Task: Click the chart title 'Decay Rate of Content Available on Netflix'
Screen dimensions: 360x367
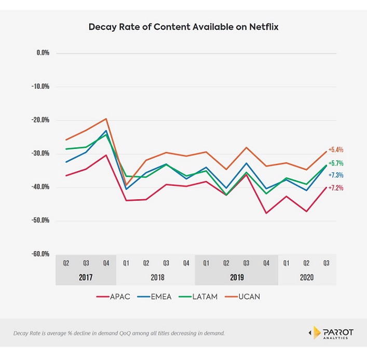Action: pyautogui.click(x=183, y=27)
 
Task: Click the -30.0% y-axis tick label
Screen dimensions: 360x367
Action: pyautogui.click(x=40, y=154)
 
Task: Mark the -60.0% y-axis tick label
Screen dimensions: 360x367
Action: pyautogui.click(x=40, y=254)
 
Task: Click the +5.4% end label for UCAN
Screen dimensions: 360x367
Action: pyautogui.click(x=336, y=150)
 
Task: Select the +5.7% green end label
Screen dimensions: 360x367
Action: pyautogui.click(x=336, y=163)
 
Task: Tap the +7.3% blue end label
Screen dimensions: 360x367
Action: pyautogui.click(x=336, y=175)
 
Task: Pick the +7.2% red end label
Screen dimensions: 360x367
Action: pyautogui.click(x=336, y=188)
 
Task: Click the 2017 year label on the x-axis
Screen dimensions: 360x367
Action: pyautogui.click(x=86, y=278)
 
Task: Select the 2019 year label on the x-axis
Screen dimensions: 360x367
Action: pyautogui.click(x=237, y=278)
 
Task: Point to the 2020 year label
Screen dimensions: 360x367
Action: pyautogui.click(x=307, y=278)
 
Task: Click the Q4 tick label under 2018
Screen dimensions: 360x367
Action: pyautogui.click(x=186, y=263)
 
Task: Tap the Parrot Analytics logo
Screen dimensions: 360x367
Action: pyautogui.click(x=331, y=332)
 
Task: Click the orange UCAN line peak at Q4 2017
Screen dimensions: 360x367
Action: pyautogui.click(x=106, y=119)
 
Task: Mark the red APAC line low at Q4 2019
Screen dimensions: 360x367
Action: pyautogui.click(x=266, y=213)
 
